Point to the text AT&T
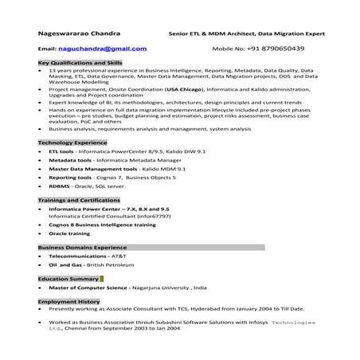click(117, 257)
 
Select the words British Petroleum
click(113, 266)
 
